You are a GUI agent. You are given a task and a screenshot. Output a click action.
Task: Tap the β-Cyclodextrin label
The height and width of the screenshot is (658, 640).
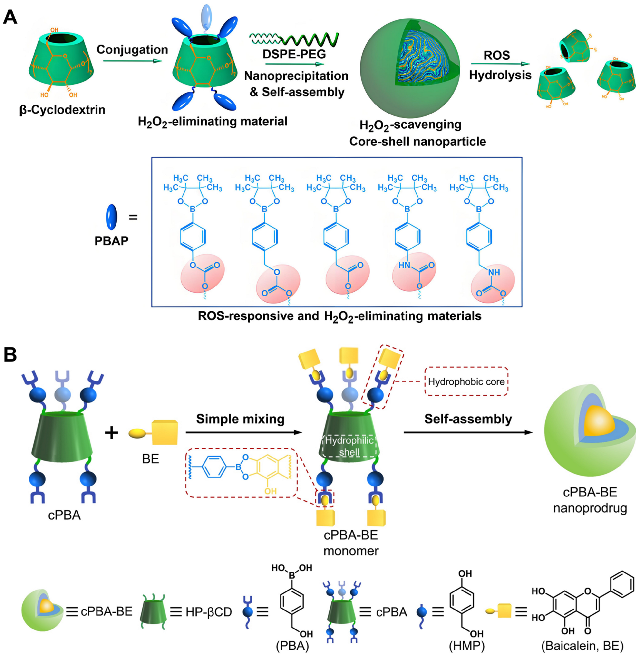[x=62, y=110]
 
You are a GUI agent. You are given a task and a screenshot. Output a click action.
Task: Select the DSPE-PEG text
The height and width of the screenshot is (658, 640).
[x=294, y=54]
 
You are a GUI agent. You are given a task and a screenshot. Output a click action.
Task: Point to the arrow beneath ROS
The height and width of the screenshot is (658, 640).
[x=500, y=64]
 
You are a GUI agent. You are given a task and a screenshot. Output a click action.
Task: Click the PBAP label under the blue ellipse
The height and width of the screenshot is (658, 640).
[x=111, y=241]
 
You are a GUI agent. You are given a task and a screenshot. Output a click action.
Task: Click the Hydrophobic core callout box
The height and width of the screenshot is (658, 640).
[x=466, y=381]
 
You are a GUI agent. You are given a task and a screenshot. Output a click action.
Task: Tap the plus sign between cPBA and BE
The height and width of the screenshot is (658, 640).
[x=112, y=432]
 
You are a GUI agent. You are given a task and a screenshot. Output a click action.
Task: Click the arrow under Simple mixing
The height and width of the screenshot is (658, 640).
[x=244, y=432]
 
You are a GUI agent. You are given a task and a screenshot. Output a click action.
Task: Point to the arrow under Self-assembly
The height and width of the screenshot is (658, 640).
[x=468, y=432]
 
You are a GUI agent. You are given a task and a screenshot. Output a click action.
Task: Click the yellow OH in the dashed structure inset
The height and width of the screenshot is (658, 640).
[x=270, y=491]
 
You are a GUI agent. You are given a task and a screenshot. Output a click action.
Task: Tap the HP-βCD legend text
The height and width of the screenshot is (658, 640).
[x=208, y=612]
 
